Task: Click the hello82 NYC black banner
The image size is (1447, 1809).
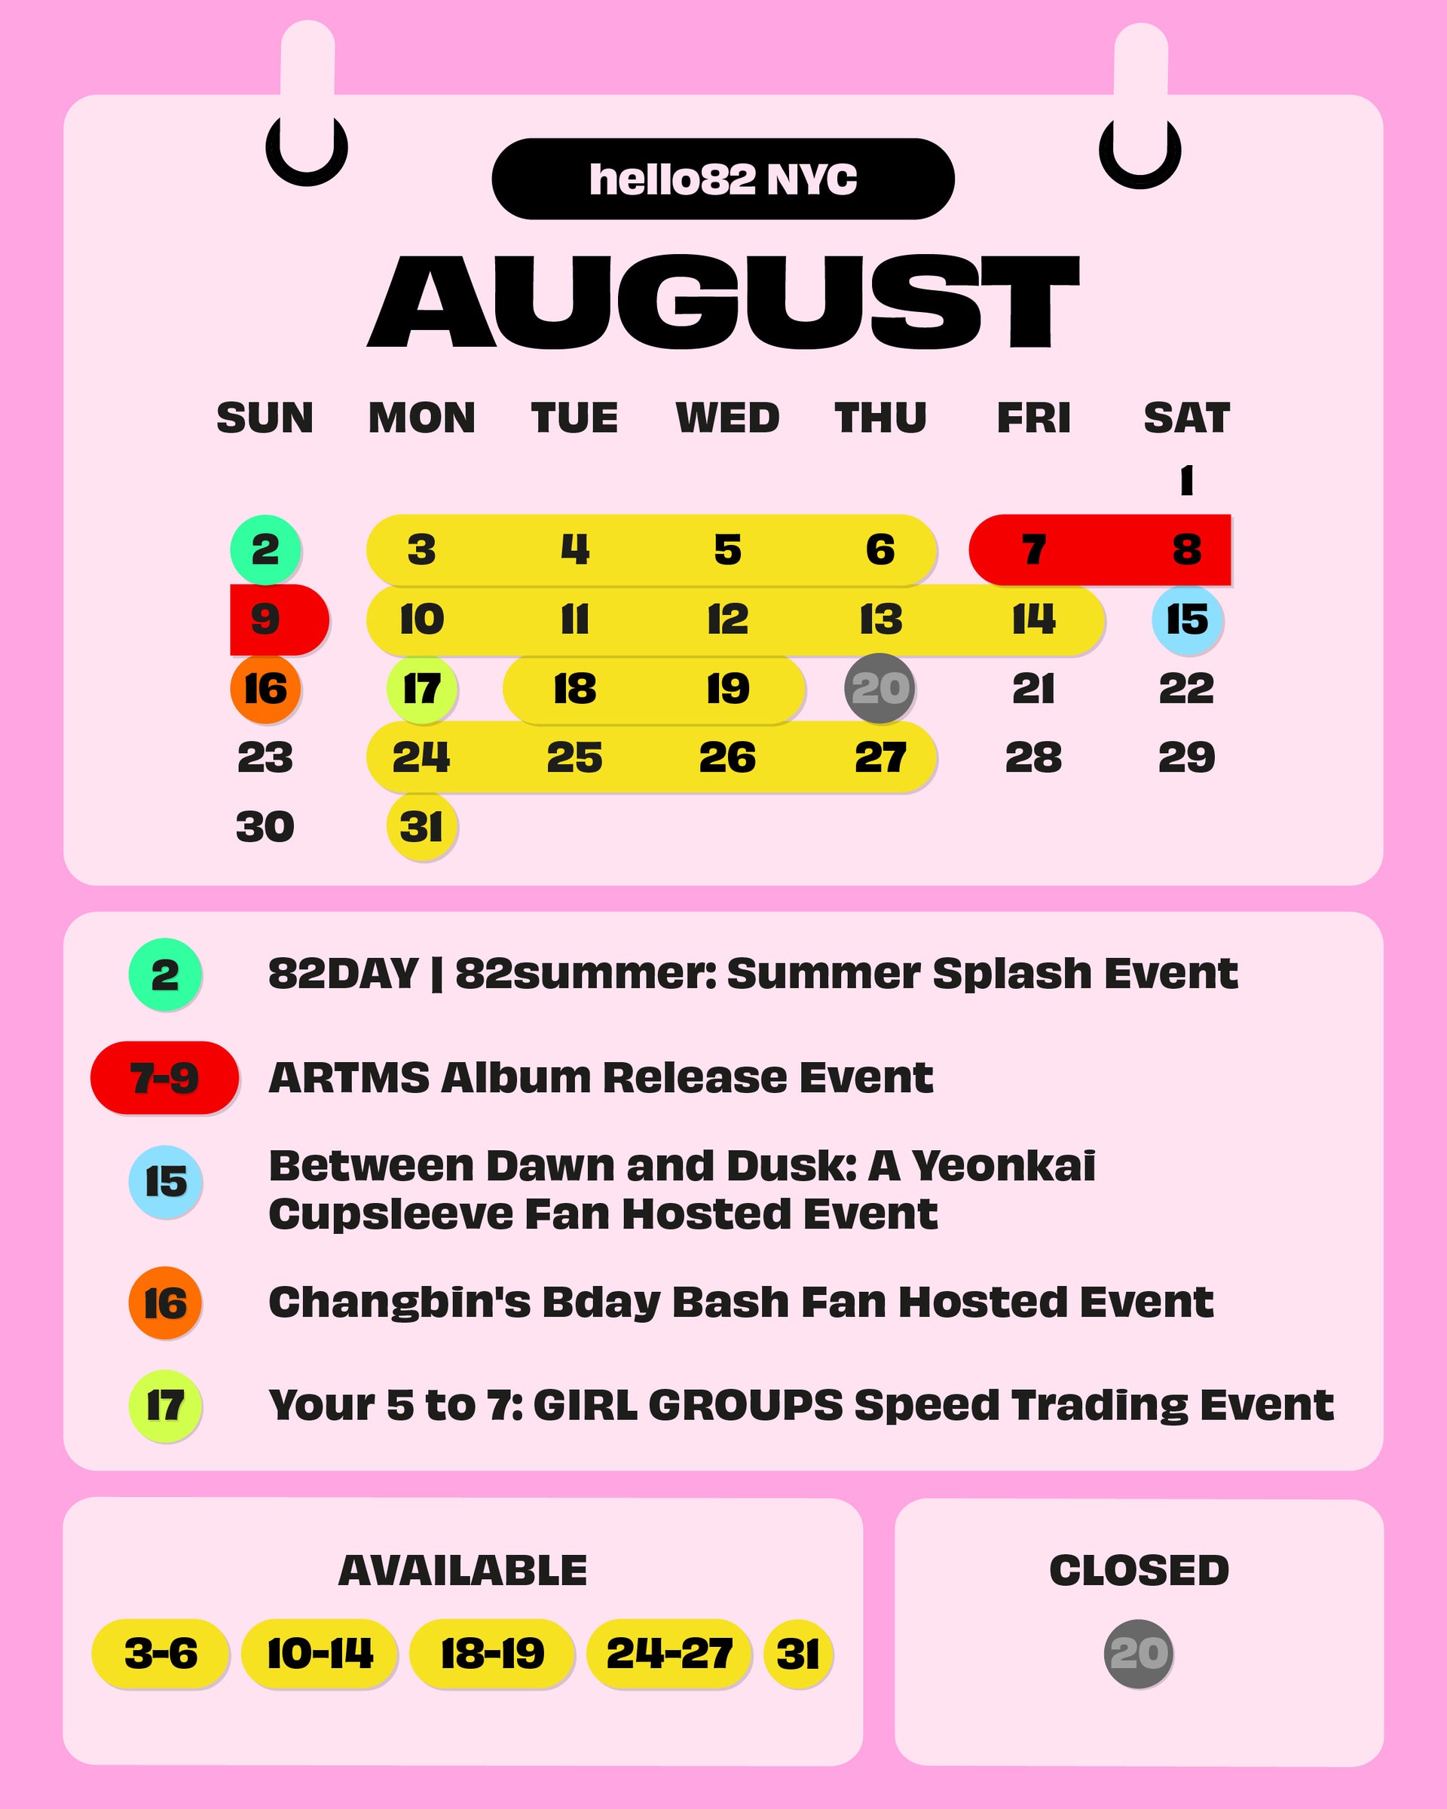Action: coord(723,179)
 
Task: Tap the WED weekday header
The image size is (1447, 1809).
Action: coord(727,418)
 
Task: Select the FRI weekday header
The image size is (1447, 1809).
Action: coord(1033,418)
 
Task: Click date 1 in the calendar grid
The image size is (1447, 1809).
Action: coord(1186,481)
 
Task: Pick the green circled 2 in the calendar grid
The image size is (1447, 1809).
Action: coord(266,549)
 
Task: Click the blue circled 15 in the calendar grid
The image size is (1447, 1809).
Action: coord(1187,620)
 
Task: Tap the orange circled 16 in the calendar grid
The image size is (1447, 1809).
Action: coord(266,688)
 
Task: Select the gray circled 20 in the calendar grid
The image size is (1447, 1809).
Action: coord(880,688)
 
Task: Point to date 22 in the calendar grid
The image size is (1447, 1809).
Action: coord(1186,688)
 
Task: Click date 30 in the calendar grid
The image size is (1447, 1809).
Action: coord(265,826)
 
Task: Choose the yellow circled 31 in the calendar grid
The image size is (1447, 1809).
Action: coord(422,826)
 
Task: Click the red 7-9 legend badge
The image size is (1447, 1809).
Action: coord(164,1077)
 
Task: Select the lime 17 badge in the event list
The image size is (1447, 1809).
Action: coord(165,1406)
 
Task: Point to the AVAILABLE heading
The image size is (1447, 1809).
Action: coord(462,1571)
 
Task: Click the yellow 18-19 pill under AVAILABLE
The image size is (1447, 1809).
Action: coord(492,1654)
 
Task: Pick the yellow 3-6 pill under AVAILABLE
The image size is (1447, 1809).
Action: coord(161,1654)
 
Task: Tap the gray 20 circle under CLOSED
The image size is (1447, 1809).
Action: coord(1138,1654)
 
